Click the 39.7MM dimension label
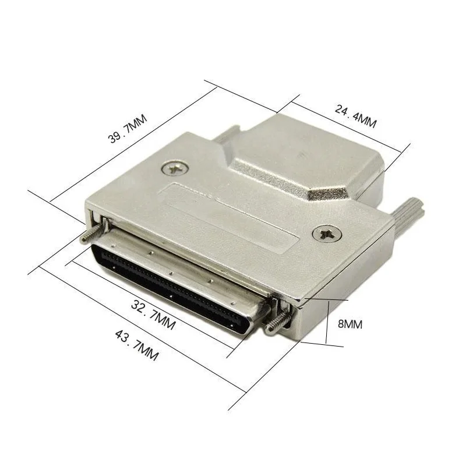coord(128,129)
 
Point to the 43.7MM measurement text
coord(137,345)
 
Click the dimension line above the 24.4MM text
coord(347,125)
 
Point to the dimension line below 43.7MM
coord(140,329)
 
